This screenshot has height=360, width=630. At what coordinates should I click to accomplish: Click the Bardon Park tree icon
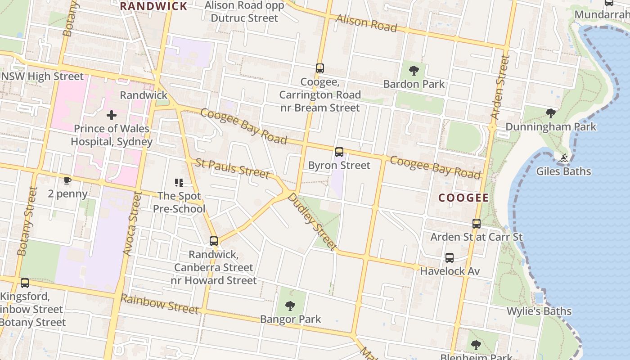pos(414,71)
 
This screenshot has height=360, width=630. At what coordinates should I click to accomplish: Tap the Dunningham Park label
pos(551,126)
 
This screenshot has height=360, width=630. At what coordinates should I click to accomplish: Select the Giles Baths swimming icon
pos(563,158)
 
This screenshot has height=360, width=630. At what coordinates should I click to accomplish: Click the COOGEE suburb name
pos(463,198)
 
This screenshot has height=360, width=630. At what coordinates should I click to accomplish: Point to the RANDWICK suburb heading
pos(153,6)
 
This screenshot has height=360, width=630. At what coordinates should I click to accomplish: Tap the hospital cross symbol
pos(111,116)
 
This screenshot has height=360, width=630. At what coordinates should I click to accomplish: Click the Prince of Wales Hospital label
pos(112,135)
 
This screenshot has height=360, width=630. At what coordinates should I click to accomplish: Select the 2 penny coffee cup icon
pos(67,181)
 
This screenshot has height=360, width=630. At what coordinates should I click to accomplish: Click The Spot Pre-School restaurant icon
pos(179,183)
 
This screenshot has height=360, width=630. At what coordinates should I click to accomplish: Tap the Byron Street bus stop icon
pos(339,152)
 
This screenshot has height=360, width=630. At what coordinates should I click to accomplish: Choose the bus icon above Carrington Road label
pos(320,68)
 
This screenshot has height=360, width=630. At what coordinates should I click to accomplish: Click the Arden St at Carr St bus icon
pos(476,223)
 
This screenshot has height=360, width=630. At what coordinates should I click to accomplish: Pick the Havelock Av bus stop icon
pos(450,258)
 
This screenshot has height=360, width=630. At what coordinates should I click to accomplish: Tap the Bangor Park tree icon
pos(291,306)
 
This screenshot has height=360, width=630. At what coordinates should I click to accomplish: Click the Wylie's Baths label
pos(539,311)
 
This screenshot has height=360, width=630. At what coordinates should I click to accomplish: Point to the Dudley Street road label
pos(312,221)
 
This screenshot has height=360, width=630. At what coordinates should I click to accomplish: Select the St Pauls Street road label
pos(232,168)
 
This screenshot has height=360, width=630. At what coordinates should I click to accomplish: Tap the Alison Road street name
pos(367,22)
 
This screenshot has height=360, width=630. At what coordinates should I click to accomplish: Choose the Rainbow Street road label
pos(159,304)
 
